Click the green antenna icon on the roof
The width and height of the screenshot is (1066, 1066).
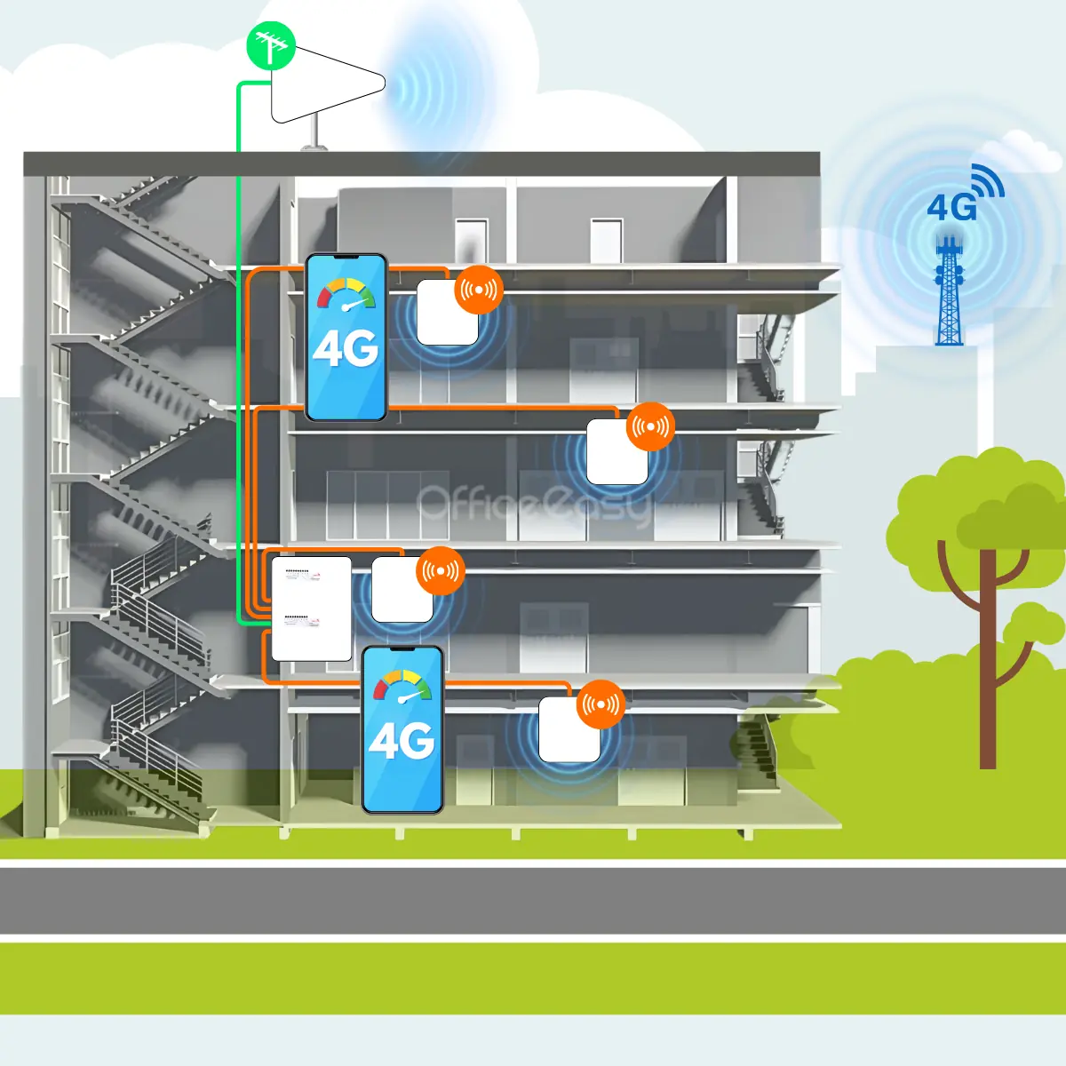pyautogui.click(x=270, y=45)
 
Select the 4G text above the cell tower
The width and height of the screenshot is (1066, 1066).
pyautogui.click(x=951, y=208)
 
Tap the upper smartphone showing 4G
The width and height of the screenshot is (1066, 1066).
pyautogui.click(x=346, y=338)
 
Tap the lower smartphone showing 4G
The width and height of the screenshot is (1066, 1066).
pyautogui.click(x=402, y=729)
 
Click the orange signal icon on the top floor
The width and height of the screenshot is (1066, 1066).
pyautogui.click(x=479, y=289)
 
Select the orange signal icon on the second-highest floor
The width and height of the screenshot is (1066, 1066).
pyautogui.click(x=650, y=427)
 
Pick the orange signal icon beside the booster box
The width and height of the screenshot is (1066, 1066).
pyautogui.click(x=442, y=571)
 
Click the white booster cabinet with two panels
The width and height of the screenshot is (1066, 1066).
pyautogui.click(x=311, y=609)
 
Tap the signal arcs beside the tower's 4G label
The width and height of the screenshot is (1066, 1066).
pyautogui.click(x=989, y=181)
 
